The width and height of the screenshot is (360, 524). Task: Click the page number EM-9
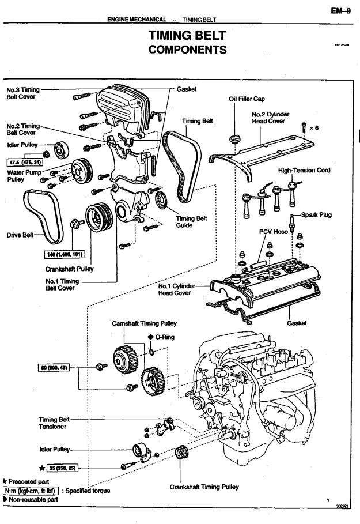tap(343, 10)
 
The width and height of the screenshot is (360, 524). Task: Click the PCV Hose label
tap(272, 231)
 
